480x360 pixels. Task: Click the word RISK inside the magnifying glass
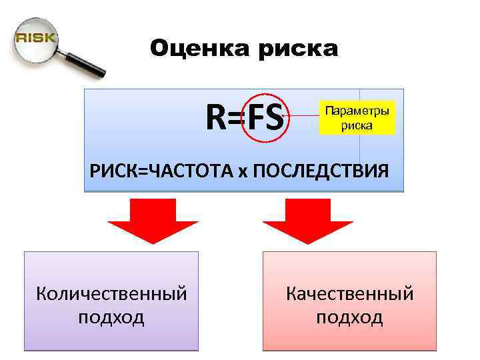tap(35, 37)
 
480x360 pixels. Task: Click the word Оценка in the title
tap(193, 48)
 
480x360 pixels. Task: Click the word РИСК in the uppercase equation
tap(110, 171)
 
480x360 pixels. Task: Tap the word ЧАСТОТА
tap(185, 171)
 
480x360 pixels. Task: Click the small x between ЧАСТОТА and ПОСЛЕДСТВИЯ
tap(243, 172)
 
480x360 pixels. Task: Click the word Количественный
tap(111, 293)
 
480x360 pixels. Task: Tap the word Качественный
tap(349, 293)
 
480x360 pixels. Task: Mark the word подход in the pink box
tap(349, 317)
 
